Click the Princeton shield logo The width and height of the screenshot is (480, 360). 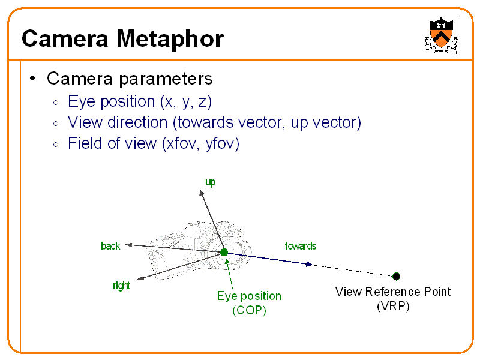(441, 35)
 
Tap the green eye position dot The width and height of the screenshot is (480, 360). (224, 253)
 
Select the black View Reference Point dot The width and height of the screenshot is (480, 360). (396, 276)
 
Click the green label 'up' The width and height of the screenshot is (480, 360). (210, 182)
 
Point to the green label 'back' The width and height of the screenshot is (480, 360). (110, 246)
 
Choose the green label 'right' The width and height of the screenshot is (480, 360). (121, 286)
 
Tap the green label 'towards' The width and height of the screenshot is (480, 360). (300, 246)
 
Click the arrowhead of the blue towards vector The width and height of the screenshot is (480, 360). (309, 264)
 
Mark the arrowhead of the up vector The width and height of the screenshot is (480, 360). (201, 191)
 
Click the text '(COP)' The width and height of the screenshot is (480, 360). (248, 310)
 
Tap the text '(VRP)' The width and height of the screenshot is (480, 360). (393, 306)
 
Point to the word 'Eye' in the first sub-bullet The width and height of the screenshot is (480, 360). (80, 101)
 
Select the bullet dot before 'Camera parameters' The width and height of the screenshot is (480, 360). (34, 79)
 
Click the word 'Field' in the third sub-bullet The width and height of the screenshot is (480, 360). (84, 144)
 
